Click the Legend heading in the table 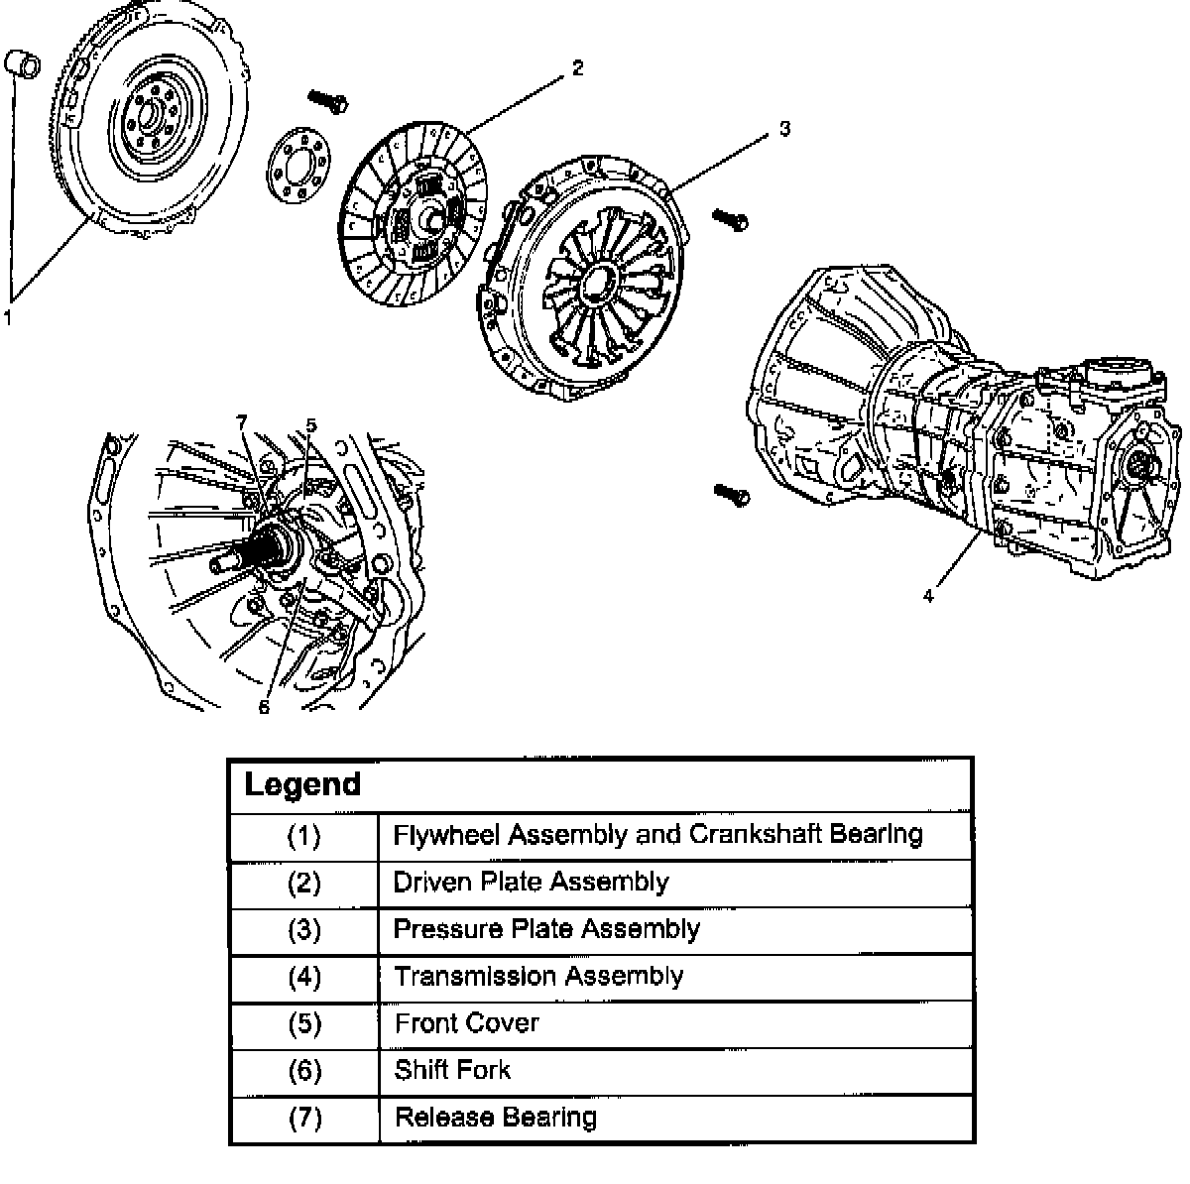point(302,784)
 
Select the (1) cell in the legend point(303,836)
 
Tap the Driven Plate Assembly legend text point(531,882)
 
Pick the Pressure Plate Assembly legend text point(546,929)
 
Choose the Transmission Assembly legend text point(538,976)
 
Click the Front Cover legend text point(466,1022)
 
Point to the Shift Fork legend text point(452,1070)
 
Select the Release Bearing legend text point(496,1118)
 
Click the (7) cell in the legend point(303,1118)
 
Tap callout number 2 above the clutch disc point(577,68)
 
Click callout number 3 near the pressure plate point(783,129)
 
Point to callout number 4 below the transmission point(928,596)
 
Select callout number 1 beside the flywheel point(8,317)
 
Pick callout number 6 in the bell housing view point(264,706)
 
